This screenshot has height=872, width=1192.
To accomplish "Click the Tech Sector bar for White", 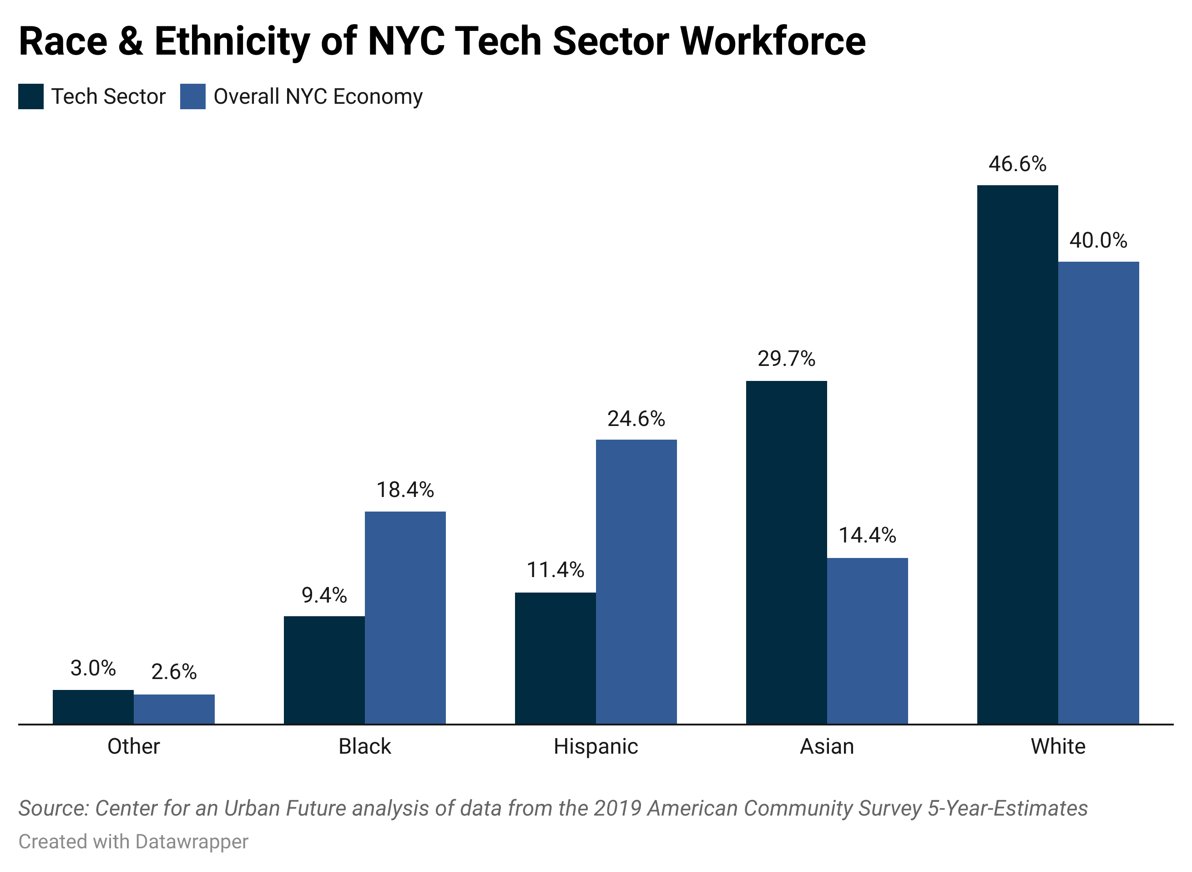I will pyautogui.click(x=1017, y=454).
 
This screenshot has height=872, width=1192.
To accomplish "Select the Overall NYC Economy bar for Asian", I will pyautogui.click(x=867, y=641).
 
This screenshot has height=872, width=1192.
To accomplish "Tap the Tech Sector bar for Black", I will pyautogui.click(x=324, y=670).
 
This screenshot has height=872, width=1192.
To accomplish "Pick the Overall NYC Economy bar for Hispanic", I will pyautogui.click(x=636, y=581).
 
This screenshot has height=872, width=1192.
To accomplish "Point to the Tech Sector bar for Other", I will pyautogui.click(x=93, y=707).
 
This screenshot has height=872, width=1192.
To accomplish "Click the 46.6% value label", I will pyautogui.click(x=1017, y=164).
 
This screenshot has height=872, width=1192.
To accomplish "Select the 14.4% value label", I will pyautogui.click(x=867, y=535).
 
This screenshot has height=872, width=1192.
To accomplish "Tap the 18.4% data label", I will pyautogui.click(x=405, y=490).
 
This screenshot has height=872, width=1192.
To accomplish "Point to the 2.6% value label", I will pyautogui.click(x=174, y=672).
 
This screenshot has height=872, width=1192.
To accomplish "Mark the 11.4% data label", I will pyautogui.click(x=555, y=570).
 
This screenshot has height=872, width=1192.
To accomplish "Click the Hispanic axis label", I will pyautogui.click(x=596, y=746).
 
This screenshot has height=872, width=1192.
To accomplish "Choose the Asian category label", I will pyautogui.click(x=826, y=746).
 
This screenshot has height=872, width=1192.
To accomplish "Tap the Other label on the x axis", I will pyautogui.click(x=133, y=746).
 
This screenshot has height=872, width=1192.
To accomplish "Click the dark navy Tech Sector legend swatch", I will pyautogui.click(x=30, y=96).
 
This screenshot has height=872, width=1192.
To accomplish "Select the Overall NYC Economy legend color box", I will pyautogui.click(x=192, y=96).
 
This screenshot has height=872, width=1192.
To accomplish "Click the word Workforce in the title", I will pyautogui.click(x=773, y=41).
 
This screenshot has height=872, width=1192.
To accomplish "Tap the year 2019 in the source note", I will pyautogui.click(x=617, y=808).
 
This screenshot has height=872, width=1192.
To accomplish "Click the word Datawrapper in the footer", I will pyautogui.click(x=191, y=842).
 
